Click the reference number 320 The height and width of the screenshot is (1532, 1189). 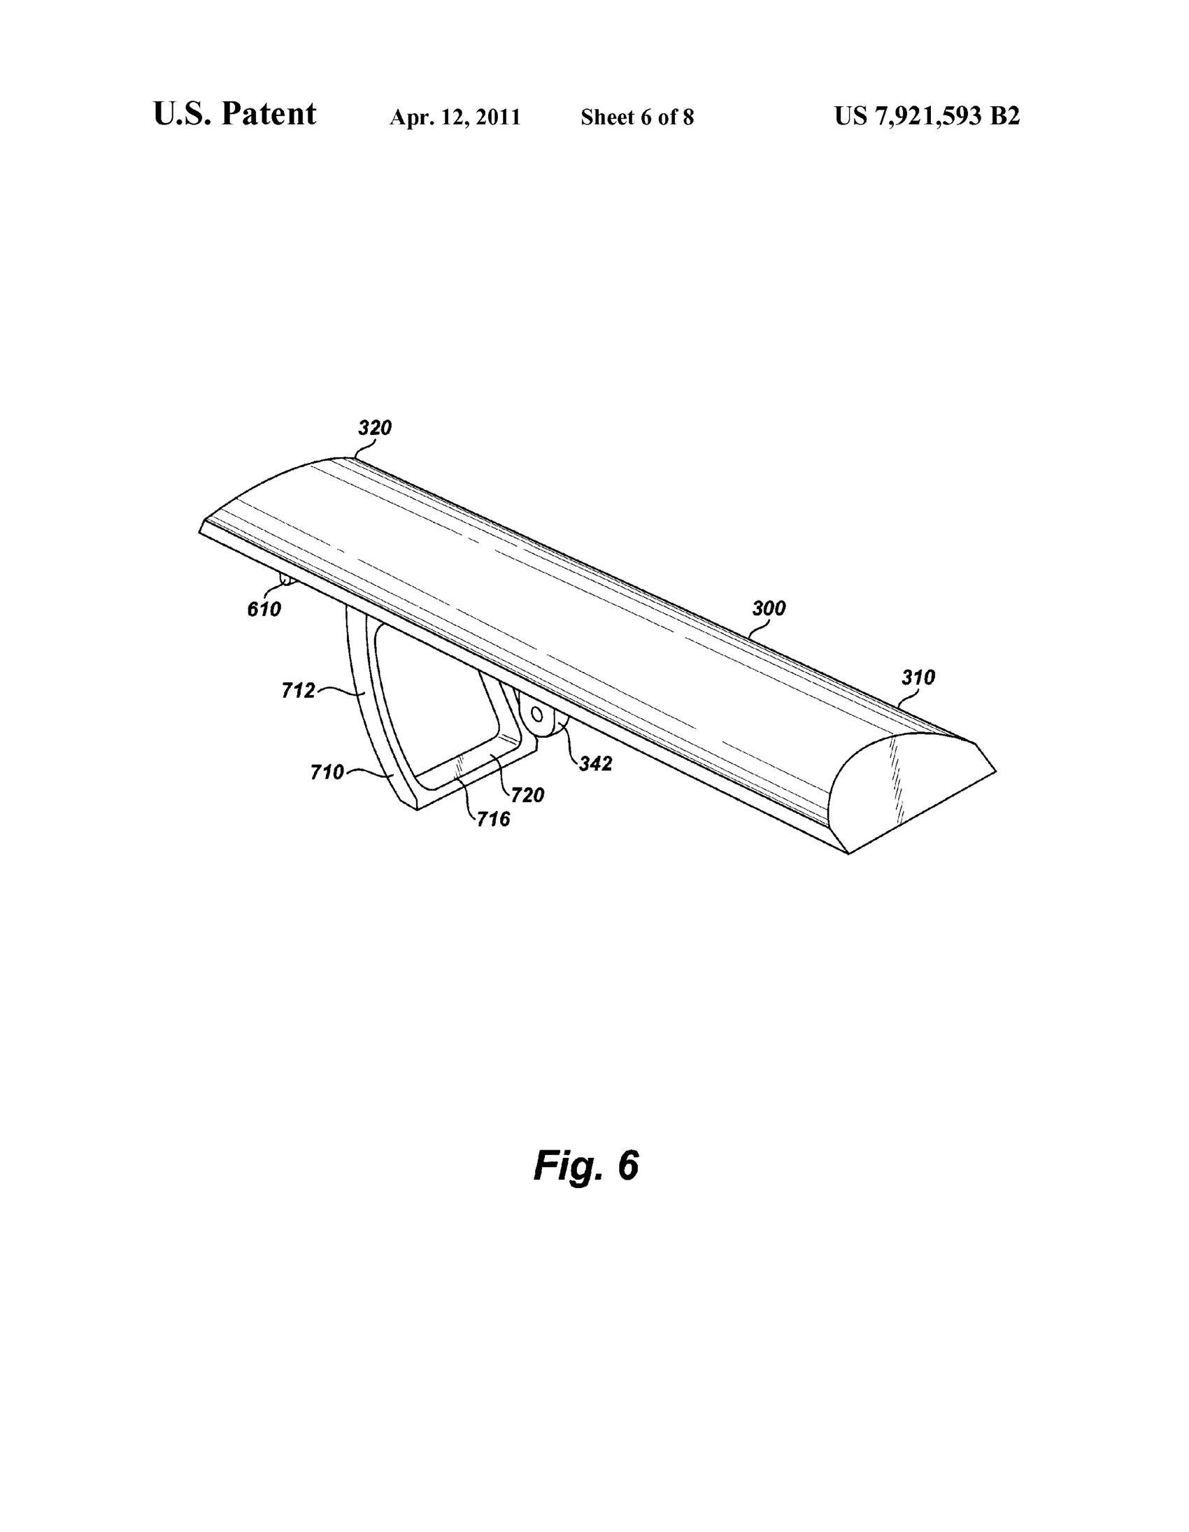point(375,428)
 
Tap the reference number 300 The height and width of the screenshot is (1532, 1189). point(769,608)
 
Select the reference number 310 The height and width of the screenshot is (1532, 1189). point(918,678)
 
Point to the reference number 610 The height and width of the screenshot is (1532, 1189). point(264,610)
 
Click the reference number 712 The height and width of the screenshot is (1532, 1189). point(298,691)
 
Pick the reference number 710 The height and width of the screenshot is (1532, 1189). point(327,773)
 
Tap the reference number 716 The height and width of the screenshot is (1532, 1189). point(493,819)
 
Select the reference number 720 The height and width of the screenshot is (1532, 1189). point(527,795)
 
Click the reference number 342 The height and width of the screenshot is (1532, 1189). point(596,763)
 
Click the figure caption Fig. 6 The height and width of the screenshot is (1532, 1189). point(585,1166)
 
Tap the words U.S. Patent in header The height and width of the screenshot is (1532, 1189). point(235,114)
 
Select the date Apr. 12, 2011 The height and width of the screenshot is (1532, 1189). point(455,117)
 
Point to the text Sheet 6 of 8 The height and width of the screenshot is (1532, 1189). point(637,117)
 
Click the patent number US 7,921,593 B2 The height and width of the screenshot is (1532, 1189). point(927,116)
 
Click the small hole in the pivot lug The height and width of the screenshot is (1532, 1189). point(537,714)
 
